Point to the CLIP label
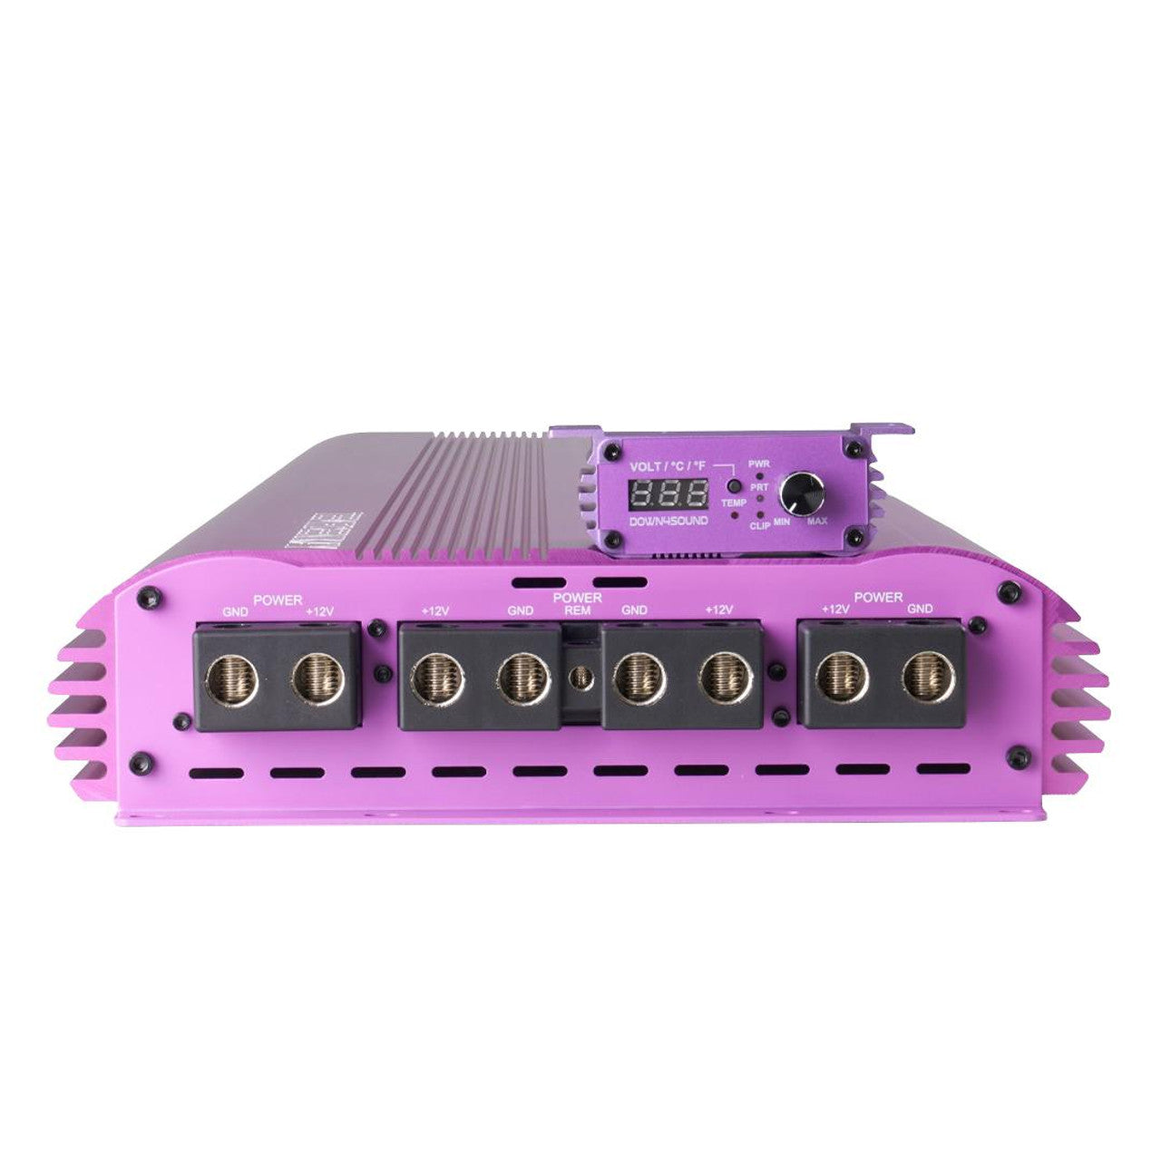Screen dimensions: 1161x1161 click(x=760, y=525)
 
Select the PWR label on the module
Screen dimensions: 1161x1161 click(x=758, y=463)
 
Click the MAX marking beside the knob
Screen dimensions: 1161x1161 click(x=816, y=522)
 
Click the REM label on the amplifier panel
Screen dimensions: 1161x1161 click(x=577, y=610)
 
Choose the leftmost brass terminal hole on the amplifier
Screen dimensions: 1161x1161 click(x=232, y=678)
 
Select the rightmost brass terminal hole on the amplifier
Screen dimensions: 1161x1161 click(x=927, y=678)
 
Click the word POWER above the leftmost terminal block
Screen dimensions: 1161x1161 click(x=278, y=600)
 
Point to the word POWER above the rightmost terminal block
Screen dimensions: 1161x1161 click(x=878, y=598)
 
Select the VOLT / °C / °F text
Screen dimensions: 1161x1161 click(x=668, y=467)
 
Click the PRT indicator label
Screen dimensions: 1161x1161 click(x=759, y=488)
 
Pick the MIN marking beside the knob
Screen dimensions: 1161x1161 click(x=781, y=522)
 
